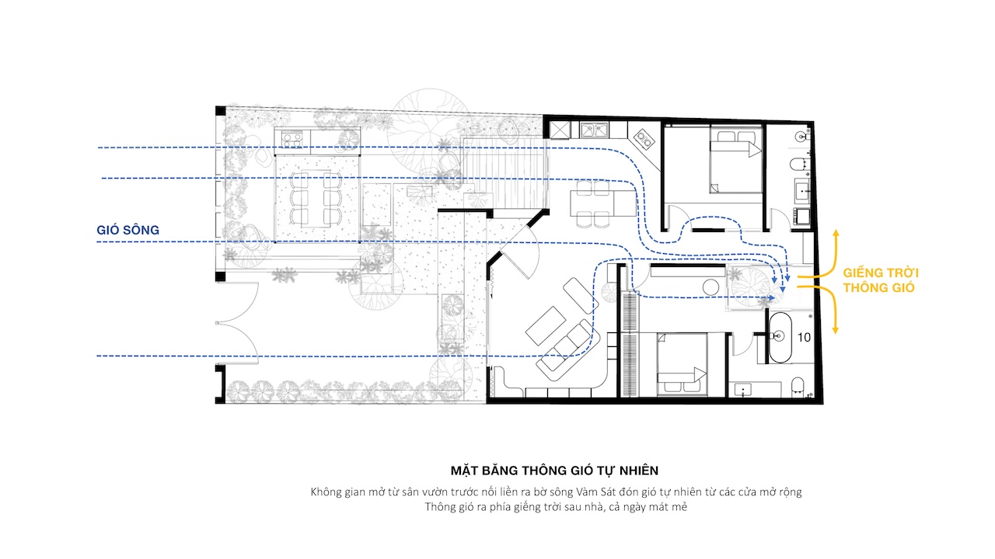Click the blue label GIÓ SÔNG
coord(128,231)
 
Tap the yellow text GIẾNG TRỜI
coord(881,273)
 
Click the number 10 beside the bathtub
coord(804,338)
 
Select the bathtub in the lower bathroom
coord(780,338)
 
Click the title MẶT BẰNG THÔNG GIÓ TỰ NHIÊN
coord(554,470)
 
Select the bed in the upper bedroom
coord(736,161)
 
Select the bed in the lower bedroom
coord(683,364)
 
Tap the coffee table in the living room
coord(546,325)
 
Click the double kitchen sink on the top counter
coord(594,130)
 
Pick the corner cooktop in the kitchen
coord(644,139)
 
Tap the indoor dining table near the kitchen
coord(603,203)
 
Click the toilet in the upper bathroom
coord(798,165)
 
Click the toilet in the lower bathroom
coord(798,385)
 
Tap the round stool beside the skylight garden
coord(710,287)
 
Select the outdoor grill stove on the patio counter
coord(292,139)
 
